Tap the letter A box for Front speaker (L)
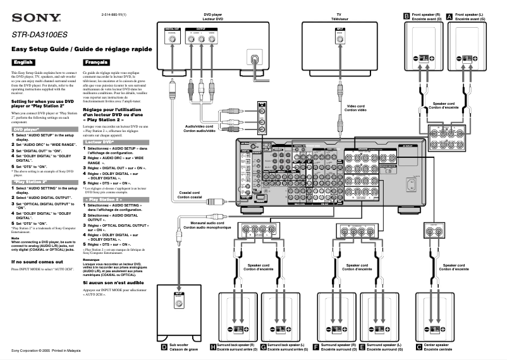449,15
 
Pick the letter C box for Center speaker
418,347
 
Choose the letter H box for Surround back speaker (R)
212,347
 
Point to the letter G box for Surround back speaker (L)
263,347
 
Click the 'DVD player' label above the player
212,17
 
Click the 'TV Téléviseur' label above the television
340,17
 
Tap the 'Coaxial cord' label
189,195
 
